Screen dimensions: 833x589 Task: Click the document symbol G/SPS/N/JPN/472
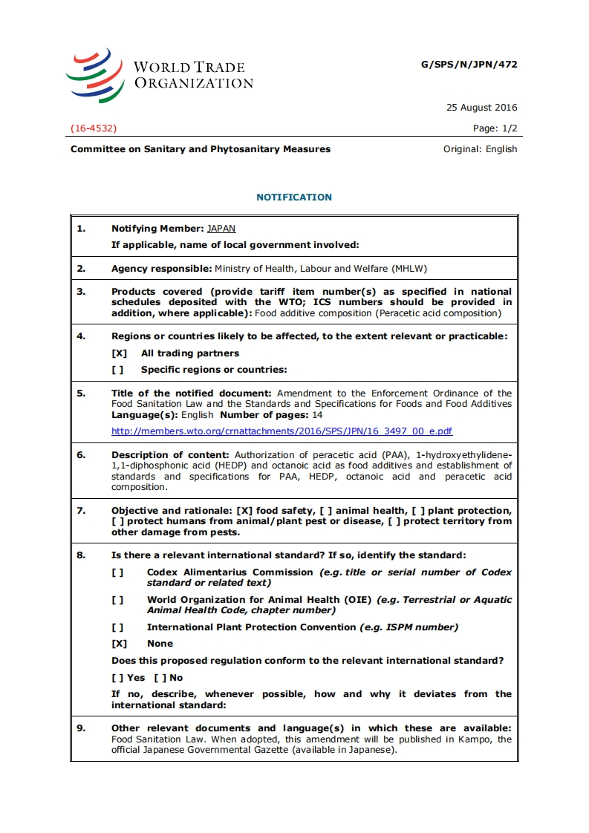(469, 65)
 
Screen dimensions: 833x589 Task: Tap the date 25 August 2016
(481, 108)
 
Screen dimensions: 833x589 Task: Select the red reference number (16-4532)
(94, 128)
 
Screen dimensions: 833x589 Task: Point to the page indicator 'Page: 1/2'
(495, 128)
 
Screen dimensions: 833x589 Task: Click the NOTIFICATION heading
(294, 197)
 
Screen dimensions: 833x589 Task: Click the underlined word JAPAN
(221, 229)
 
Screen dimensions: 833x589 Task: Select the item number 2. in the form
(81, 269)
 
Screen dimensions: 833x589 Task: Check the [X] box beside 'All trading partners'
(119, 353)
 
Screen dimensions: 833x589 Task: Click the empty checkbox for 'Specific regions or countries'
(117, 370)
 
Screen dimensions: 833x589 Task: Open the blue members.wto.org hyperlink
(282, 431)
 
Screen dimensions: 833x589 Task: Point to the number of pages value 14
(317, 415)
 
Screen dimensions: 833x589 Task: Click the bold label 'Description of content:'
(170, 455)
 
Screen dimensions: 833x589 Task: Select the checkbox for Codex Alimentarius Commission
(117, 572)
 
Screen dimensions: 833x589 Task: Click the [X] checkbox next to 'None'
(119, 644)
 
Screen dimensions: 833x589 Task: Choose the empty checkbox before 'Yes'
(117, 678)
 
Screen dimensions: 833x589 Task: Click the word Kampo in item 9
(478, 739)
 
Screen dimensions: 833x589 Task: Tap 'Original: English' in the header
(480, 149)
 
